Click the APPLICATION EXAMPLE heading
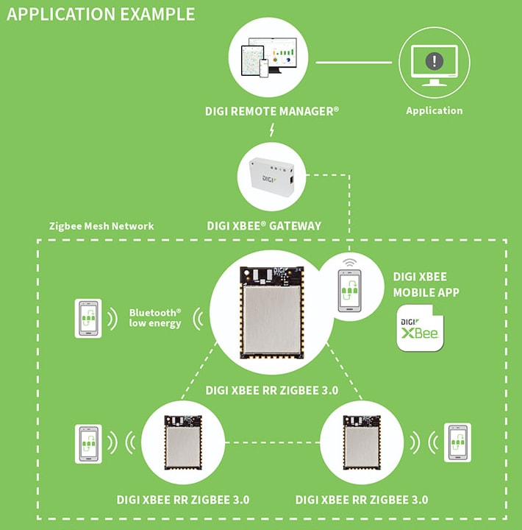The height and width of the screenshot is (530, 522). [x=101, y=14]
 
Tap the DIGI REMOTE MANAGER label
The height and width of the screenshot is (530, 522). [x=272, y=111]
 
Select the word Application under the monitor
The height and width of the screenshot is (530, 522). [x=434, y=110]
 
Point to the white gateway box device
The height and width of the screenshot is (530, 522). [x=270, y=177]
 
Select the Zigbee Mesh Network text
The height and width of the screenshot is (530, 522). [x=101, y=226]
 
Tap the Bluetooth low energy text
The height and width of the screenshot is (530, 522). [x=154, y=317]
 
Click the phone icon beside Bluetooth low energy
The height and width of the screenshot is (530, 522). [x=88, y=318]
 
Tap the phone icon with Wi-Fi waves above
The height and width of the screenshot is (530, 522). [x=348, y=291]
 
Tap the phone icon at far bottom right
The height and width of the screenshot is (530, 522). [x=457, y=442]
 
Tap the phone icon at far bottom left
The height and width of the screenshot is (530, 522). [x=87, y=442]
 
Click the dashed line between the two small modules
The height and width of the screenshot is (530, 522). [x=271, y=443]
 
